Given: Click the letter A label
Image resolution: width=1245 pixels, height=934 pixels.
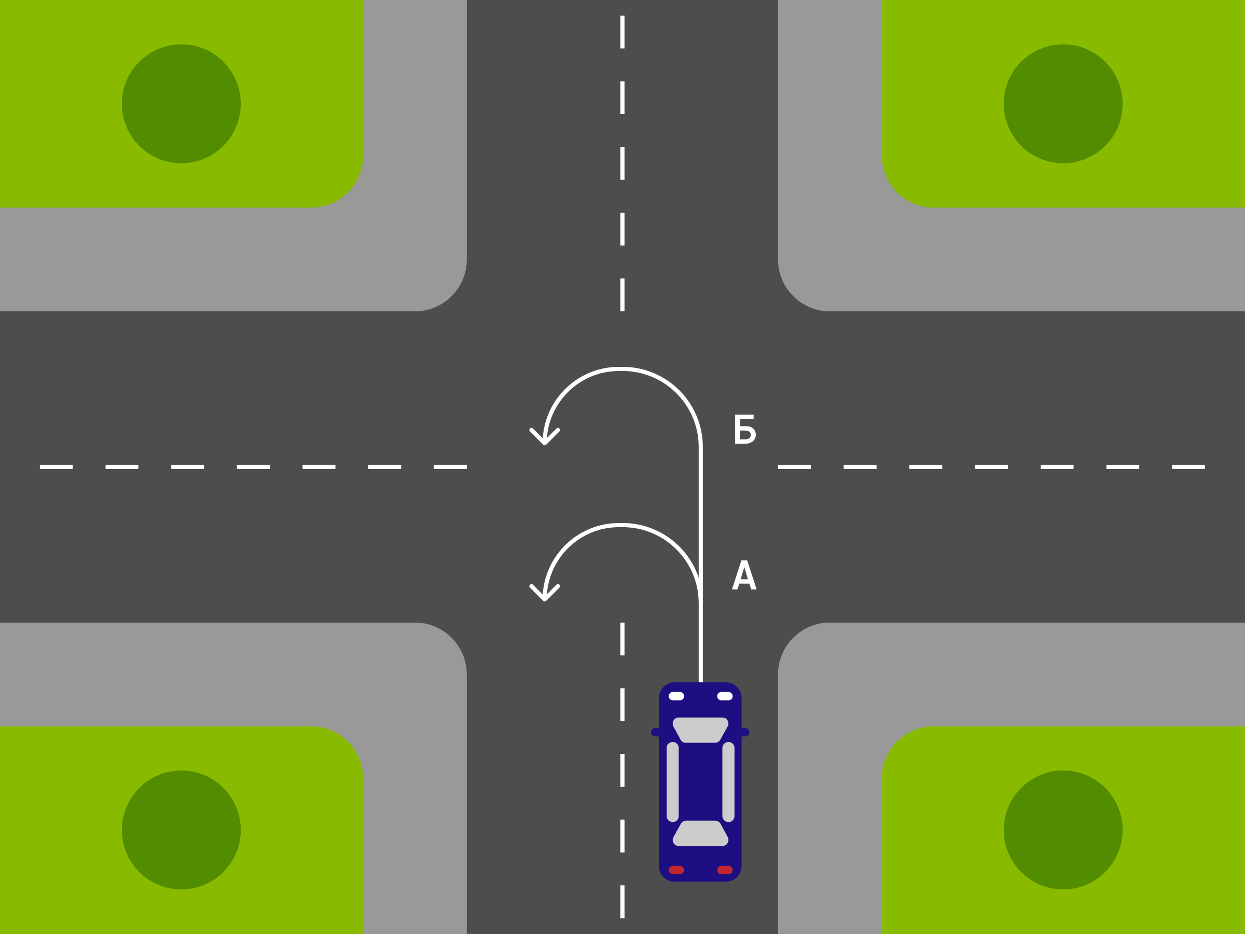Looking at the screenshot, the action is click(744, 575).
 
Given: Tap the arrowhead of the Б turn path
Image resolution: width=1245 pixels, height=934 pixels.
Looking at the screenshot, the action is click(544, 437).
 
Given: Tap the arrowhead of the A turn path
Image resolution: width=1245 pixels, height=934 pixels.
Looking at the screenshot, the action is click(544, 594).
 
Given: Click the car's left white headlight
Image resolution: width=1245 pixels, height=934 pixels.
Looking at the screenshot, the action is click(676, 696).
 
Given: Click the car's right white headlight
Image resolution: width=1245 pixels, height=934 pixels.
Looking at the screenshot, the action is click(725, 696).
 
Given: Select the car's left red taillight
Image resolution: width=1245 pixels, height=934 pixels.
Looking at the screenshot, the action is click(676, 870).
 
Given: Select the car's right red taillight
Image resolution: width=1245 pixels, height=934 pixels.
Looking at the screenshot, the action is click(725, 870).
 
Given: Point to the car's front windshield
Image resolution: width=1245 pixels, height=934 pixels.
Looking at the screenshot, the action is click(700, 730).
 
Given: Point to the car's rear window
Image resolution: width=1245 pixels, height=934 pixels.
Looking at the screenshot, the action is click(700, 833).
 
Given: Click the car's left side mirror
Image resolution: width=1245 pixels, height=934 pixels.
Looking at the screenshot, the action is click(655, 733).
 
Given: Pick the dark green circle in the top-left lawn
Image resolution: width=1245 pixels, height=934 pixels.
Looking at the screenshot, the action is click(181, 104).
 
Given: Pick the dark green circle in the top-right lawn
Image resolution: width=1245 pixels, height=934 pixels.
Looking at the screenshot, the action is click(1063, 104).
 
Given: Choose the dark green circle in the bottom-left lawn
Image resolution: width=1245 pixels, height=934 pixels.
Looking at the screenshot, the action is click(181, 830).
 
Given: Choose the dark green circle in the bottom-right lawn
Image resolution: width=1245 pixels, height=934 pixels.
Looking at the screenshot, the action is click(1063, 830).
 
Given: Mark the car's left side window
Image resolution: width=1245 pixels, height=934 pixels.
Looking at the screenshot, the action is click(673, 782).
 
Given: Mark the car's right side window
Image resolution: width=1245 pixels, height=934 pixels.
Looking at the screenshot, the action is click(728, 782).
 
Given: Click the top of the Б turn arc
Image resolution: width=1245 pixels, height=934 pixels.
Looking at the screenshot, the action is click(621, 369).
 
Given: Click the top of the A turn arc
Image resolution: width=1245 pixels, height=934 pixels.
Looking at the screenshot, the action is click(621, 525).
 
